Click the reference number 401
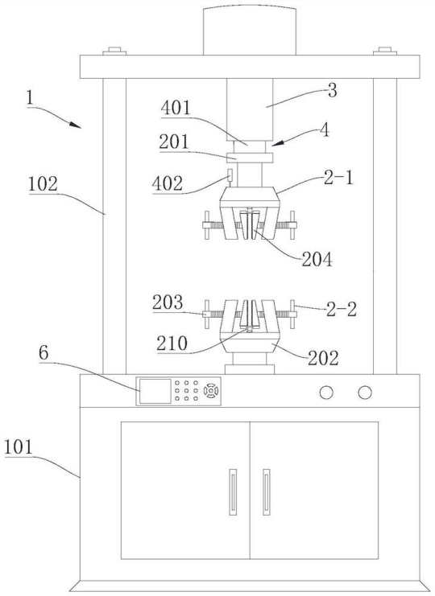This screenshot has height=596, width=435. pos(176,109)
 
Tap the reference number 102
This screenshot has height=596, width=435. pos(43,184)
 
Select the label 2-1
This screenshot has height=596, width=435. pos(338,179)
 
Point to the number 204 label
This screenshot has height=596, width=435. pos(317,260)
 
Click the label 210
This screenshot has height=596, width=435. pos(172,343)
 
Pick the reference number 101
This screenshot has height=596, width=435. pos(19,447)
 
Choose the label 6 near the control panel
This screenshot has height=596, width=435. pos(43,353)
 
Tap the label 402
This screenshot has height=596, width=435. pos(167,183)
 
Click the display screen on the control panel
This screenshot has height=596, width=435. pos(155,391)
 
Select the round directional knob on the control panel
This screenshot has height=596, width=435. pos(211,391)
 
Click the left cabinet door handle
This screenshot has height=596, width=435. pos(233,492)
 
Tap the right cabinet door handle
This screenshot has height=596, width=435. pos(267,492)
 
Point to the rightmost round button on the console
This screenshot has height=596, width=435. pos(365,393)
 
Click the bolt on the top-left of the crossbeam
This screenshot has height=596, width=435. pos(114,51)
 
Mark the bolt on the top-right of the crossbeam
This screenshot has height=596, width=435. pos(385,51)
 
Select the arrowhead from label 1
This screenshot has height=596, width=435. pos(76,125)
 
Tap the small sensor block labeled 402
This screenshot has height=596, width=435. pos(230,175)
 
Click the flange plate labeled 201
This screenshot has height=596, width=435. pos(250,158)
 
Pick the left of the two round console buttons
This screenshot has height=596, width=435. pos(326,393)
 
